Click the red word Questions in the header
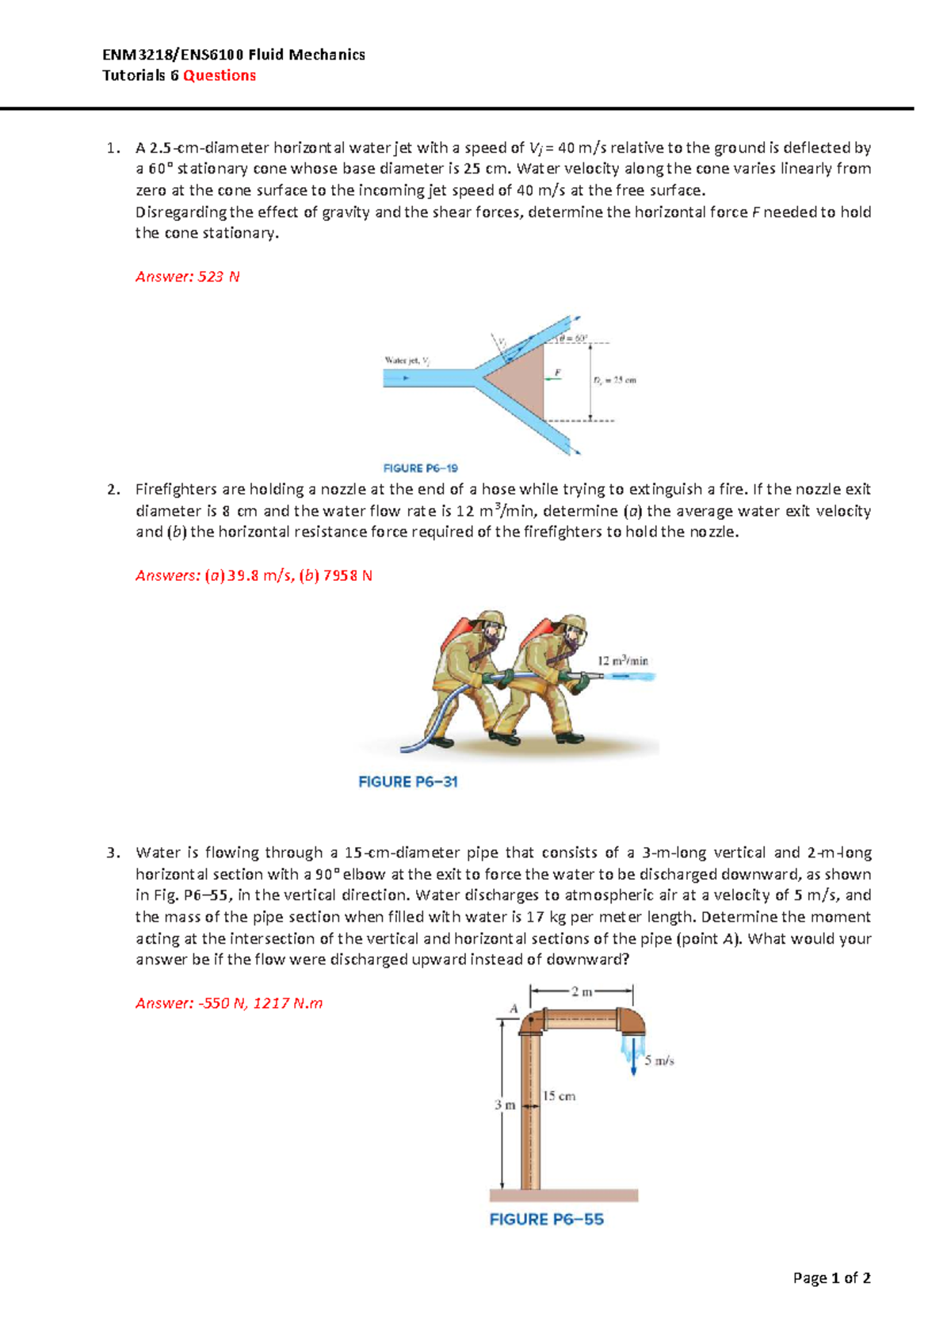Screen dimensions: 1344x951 pyautogui.click(x=220, y=75)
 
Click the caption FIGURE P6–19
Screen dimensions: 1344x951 pyautogui.click(x=421, y=468)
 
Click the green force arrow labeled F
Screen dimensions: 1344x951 pyautogui.click(x=552, y=379)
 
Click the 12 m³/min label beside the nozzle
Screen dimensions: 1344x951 pyautogui.click(x=623, y=660)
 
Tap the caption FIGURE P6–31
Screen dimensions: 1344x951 pyautogui.click(x=408, y=782)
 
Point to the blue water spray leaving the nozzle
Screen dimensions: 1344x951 pyautogui.click(x=630, y=677)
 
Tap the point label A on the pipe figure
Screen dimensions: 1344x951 pyautogui.click(x=514, y=1009)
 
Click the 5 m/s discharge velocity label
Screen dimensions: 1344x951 pyautogui.click(x=659, y=1060)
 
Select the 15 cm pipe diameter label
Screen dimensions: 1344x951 pyautogui.click(x=560, y=1097)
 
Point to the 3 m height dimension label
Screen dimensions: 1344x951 pyautogui.click(x=505, y=1105)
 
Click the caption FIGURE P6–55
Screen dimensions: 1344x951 pyautogui.click(x=547, y=1220)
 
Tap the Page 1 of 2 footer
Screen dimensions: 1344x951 pyautogui.click(x=832, y=1277)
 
